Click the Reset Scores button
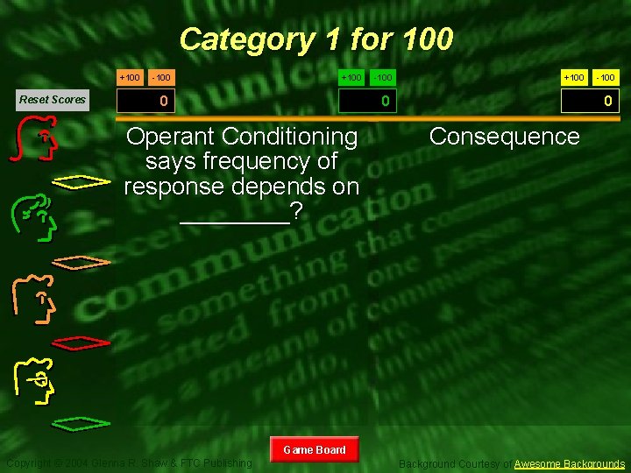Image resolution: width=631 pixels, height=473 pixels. click(x=53, y=100)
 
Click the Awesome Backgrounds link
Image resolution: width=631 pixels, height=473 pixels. click(x=570, y=463)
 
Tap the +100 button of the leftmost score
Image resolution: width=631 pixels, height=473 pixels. click(x=130, y=78)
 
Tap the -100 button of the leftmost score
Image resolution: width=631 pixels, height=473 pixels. click(x=160, y=78)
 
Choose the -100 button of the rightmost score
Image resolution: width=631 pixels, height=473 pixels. click(x=605, y=78)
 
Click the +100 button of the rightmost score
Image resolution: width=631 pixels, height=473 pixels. click(x=574, y=78)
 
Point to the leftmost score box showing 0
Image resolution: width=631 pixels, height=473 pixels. click(x=163, y=102)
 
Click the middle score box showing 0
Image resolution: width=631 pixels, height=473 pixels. click(x=384, y=102)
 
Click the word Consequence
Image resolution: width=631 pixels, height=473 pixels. click(x=504, y=137)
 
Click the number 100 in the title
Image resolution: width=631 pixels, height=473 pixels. click(x=427, y=39)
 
